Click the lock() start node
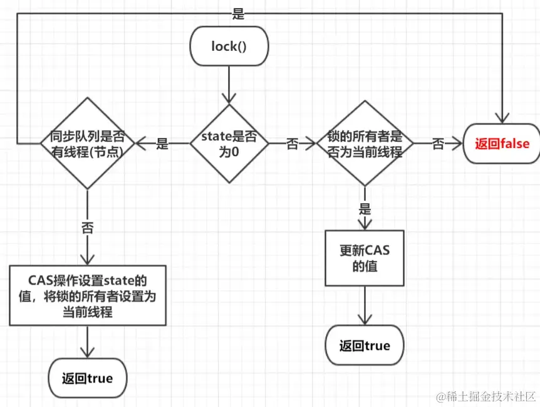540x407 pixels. tap(229, 46)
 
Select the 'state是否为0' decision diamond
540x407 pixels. tap(229, 144)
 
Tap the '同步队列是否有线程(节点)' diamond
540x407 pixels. tap(88, 143)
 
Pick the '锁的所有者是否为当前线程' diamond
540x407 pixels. tap(365, 144)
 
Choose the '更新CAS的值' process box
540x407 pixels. tap(365, 258)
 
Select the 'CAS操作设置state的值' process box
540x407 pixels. tap(88, 295)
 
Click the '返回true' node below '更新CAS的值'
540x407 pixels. tap(365, 345)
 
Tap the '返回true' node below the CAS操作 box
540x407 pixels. tap(88, 378)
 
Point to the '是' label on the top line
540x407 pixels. tap(238, 14)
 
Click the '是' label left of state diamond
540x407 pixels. tap(162, 144)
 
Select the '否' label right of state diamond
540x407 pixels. tap(293, 144)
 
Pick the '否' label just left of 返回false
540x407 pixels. tap(438, 144)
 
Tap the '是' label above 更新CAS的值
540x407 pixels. tap(365, 208)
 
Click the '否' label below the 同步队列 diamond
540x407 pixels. tap(88, 228)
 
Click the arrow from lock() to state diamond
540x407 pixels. tap(229, 85)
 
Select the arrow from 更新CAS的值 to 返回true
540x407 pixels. tap(365, 305)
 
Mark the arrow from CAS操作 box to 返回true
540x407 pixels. tap(88, 342)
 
